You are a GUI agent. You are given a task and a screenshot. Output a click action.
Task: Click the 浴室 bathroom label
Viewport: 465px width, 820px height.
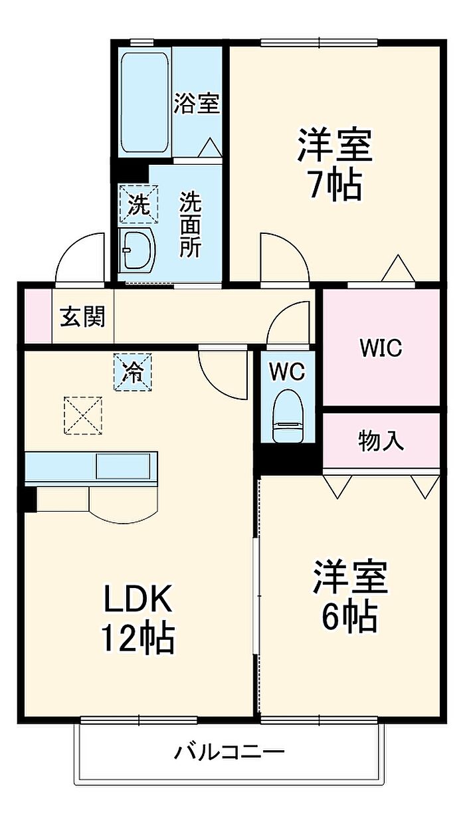197,103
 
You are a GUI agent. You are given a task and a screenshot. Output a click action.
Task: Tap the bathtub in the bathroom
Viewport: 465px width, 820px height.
145,102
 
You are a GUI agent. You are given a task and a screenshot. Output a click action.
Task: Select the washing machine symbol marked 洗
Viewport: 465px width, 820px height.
139,204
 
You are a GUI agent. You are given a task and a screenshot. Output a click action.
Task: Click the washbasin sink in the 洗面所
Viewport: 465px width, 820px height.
138,250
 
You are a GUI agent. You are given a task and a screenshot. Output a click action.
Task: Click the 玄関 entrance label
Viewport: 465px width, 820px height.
82,316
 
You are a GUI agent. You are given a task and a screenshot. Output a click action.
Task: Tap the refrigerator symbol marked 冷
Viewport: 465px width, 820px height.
132,372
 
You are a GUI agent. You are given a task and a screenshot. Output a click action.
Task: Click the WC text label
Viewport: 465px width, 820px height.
287,372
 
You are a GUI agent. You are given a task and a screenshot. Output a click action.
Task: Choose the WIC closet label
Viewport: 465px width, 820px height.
381,348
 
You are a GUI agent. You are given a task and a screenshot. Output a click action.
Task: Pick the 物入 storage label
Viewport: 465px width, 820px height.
381,441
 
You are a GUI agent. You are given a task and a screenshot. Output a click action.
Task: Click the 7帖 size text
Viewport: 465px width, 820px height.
335,185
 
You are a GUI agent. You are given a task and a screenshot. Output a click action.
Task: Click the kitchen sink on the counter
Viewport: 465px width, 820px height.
123,466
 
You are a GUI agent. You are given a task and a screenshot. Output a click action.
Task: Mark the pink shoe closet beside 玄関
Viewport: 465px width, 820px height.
38,316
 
